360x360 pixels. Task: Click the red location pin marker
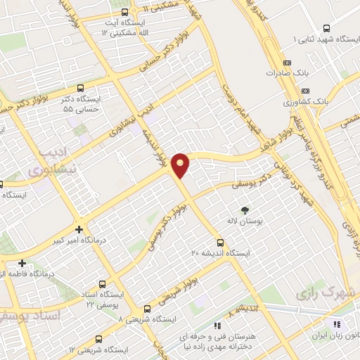[x=181, y=165]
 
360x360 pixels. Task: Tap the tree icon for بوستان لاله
[x=245, y=210]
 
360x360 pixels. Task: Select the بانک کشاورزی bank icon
[x=304, y=91]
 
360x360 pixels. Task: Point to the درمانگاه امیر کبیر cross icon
[x=79, y=229]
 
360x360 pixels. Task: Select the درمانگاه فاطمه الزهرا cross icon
[x=22, y=263]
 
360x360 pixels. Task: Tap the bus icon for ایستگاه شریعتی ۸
[x=147, y=308]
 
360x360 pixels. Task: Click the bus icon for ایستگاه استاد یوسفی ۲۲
[x=102, y=285]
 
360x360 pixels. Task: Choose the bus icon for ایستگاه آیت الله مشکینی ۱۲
[x=124, y=12]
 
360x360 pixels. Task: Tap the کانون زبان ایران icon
[x=336, y=325]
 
